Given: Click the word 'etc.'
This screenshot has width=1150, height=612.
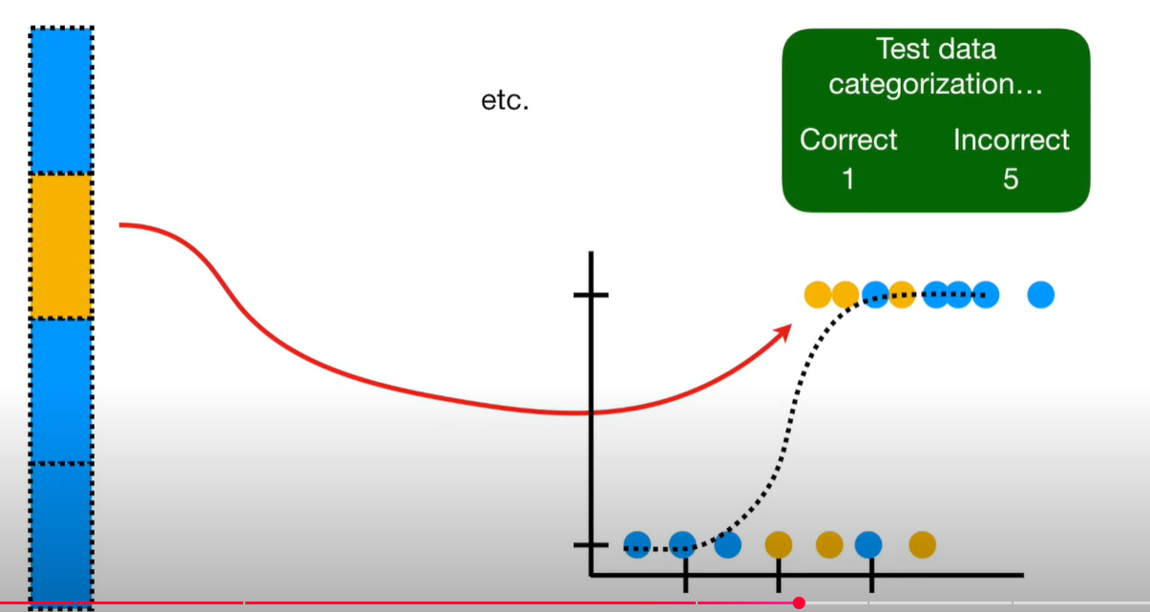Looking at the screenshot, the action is click(x=505, y=100).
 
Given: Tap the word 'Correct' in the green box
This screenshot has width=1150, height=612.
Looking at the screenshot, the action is click(x=848, y=140).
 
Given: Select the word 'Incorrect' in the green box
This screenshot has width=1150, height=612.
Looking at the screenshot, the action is click(x=1012, y=140).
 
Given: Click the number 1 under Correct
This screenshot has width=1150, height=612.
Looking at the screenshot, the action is click(x=848, y=179).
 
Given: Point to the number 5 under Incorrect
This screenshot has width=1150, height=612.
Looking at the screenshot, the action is click(x=1012, y=179).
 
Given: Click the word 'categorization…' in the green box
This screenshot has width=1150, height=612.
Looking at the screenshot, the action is click(x=935, y=85).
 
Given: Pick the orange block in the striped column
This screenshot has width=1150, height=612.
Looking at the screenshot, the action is click(x=61, y=245).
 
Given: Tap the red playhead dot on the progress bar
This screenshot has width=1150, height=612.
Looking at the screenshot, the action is click(x=799, y=602).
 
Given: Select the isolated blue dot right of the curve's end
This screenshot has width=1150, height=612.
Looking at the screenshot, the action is click(x=1041, y=295).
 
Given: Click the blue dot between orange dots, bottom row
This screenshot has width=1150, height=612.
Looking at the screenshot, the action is click(x=868, y=544).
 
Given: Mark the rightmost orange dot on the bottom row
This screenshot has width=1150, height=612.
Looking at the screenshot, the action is click(x=921, y=544).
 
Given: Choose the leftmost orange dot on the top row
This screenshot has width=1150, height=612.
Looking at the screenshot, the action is click(x=817, y=295).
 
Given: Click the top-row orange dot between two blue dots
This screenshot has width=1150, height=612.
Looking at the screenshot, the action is click(x=902, y=295).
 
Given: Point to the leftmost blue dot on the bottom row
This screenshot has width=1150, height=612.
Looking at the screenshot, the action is click(x=637, y=544).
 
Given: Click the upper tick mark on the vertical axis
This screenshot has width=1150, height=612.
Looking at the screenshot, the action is click(x=592, y=295).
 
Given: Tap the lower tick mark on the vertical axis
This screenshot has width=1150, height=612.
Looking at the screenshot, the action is click(x=592, y=545).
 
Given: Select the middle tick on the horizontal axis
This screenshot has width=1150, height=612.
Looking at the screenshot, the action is click(x=779, y=576).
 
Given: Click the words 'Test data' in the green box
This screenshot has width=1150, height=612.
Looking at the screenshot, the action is click(x=935, y=49).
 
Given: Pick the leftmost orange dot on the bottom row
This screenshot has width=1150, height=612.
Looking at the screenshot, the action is click(x=779, y=544).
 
